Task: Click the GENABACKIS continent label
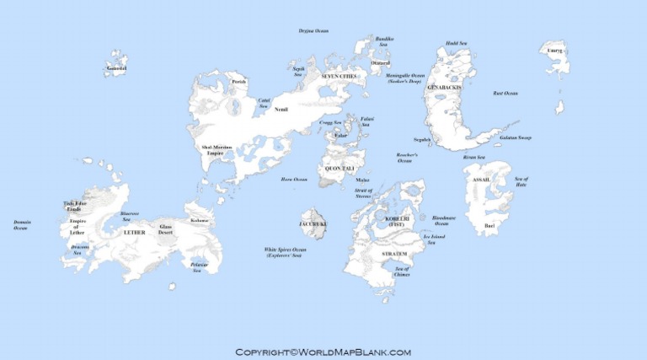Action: coord(445,87)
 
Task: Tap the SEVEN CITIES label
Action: coord(340,76)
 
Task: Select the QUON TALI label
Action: coord(339,169)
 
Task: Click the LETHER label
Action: coord(134,232)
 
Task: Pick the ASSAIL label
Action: coord(481,180)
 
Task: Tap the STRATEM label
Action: coord(395,253)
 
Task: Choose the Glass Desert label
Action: coord(166,229)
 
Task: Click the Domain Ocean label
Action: coord(21,225)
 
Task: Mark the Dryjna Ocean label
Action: coord(313,31)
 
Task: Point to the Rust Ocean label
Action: coord(505,93)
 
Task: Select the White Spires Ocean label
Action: coord(286,251)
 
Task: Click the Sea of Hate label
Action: coord(521,181)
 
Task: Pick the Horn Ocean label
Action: coord(294,180)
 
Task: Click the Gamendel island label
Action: coord(116,67)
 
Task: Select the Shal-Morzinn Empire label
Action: coord(217,150)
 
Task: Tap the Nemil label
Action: coord(281,109)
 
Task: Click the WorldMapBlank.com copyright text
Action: coord(323,352)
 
